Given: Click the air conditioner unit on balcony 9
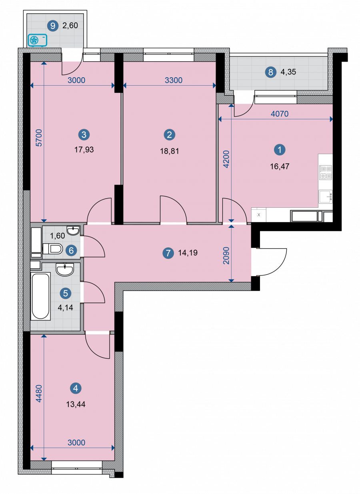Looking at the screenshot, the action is tap(38, 40).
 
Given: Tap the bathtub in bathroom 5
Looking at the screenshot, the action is tap(40, 296).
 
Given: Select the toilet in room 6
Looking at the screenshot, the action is tap(52, 249).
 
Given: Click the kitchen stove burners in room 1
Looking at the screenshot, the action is tap(326, 173).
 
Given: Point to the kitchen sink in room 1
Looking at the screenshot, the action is tap(326, 196).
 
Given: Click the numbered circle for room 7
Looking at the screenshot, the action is tap(168, 253).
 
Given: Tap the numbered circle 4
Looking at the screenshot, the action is tap(76, 388).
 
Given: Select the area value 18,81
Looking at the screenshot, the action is tap(170, 151).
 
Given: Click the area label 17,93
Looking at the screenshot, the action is tap(84, 150).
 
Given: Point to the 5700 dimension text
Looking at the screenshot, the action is tap(39, 138).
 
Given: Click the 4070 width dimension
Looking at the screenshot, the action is tap(280, 114).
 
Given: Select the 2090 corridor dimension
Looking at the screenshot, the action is tap(226, 255).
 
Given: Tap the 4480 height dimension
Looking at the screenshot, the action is tap(39, 394).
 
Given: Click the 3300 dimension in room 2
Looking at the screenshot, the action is tap(174, 80).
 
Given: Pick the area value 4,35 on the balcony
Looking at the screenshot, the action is tap(288, 72).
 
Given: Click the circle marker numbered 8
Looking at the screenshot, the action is tap(270, 72).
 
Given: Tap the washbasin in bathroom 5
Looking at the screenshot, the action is tap(65, 270).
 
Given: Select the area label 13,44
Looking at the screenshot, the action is tap(76, 404).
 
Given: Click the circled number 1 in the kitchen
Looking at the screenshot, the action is tap(280, 150).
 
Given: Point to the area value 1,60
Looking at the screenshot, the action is tap(57, 236).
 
